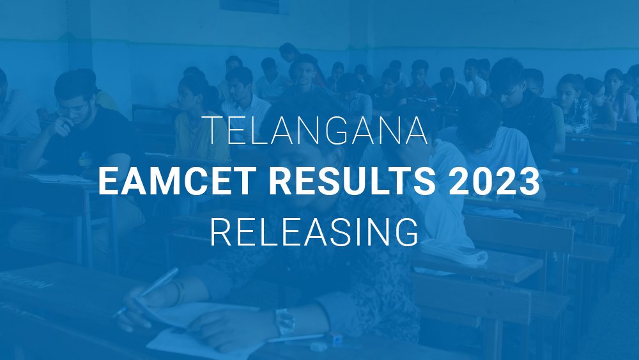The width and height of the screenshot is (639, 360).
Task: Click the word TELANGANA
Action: [318, 130]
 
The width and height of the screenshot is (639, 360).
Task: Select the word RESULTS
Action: [352, 181]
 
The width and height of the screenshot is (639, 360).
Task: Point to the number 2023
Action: [495, 181]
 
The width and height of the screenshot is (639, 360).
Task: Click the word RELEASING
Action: [314, 232]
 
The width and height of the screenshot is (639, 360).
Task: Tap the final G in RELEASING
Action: [406, 232]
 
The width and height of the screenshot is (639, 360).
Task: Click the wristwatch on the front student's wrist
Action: [285, 321]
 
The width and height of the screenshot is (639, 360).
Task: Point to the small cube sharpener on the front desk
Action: [336, 339]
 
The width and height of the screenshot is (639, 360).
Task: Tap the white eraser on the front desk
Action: [318, 346]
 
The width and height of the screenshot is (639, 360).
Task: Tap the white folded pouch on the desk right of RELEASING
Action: [453, 252]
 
